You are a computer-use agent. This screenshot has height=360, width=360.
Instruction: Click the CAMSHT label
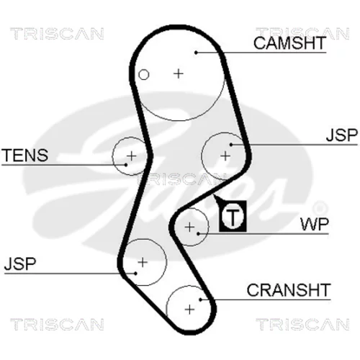pos(289,43)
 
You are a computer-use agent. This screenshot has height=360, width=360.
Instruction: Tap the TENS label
pos(25,155)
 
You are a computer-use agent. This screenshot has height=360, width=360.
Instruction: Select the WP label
pos(315,225)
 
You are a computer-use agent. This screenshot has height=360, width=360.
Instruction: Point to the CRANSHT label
pos(289,290)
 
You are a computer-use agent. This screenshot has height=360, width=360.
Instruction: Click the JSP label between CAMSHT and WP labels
pos(341,135)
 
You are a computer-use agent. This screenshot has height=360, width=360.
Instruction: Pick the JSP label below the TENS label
pos(20,264)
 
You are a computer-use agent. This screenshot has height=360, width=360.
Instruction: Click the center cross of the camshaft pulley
pos(179,73)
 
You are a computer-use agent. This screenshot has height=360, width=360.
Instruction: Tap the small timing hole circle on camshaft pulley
pos(144,75)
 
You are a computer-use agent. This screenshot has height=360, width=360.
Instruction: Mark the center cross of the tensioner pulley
pos(132,156)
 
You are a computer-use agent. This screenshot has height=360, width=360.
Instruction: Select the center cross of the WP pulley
pos(190,227)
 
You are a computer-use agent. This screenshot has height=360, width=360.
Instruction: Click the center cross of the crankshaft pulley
pos(189,310)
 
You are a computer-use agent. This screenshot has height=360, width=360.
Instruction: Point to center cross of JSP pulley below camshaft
pos(225,156)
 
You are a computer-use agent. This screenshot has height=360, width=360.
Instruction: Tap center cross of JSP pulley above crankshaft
pos(143,262)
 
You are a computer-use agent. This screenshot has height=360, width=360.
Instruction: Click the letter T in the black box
pos(233,217)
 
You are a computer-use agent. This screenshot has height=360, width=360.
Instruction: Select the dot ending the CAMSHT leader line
pos(196,53)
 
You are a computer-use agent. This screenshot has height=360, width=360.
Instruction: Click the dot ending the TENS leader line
pos(126,165)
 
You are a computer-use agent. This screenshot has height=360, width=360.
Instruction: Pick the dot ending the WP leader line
pos(198,233)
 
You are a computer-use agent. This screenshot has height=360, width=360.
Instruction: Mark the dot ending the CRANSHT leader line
pos(201,300)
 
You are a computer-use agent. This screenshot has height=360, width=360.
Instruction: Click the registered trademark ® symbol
pos(320,208)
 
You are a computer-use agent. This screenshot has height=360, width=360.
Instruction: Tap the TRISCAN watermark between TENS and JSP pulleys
pos(181,179)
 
